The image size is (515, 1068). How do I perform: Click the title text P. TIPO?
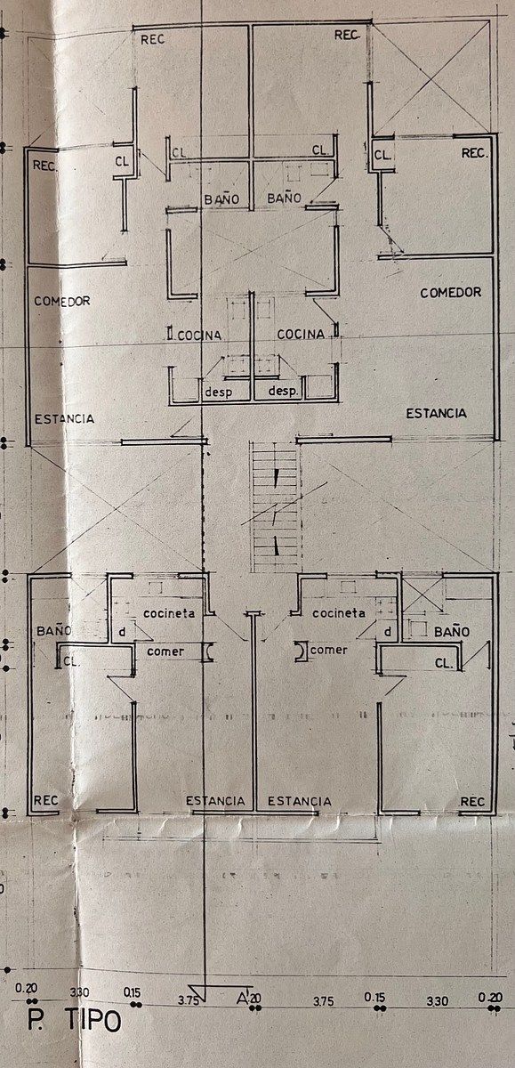[74, 1020]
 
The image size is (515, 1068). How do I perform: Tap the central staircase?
[277, 506]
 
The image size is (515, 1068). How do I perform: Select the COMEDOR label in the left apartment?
[62, 301]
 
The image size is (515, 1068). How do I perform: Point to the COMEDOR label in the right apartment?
[451, 292]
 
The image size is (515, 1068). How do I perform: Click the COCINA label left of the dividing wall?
[199, 336]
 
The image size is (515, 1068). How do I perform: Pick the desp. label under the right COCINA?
[284, 391]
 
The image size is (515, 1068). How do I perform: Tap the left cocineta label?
[169, 613]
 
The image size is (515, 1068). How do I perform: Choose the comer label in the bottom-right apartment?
[329, 650]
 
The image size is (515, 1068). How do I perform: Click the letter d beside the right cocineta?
[388, 632]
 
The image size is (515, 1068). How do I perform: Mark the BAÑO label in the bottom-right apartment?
[452, 632]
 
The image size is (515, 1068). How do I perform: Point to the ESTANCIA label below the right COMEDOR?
[436, 413]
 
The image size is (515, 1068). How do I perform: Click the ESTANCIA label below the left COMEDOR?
[64, 419]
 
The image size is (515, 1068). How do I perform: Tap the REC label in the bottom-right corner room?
[472, 802]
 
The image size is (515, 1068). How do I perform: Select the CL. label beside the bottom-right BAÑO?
[444, 663]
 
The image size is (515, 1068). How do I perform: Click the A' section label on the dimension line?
[243, 997]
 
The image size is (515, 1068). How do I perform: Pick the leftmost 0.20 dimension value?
[26, 988]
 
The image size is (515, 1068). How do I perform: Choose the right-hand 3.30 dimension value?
[437, 999]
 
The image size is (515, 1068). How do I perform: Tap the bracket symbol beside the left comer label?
[209, 651]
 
